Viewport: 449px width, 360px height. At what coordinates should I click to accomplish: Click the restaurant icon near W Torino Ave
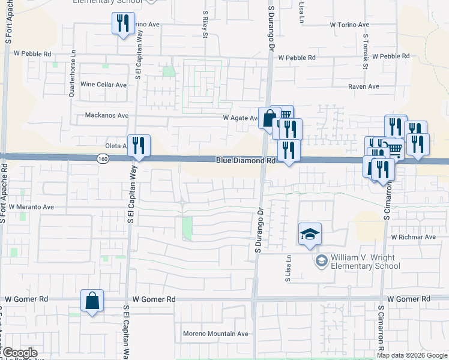point(123,23)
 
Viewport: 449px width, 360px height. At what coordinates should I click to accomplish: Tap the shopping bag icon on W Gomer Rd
point(92,301)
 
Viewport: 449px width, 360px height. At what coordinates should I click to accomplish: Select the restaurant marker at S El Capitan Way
point(139,146)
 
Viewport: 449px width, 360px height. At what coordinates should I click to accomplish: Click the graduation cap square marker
point(309,234)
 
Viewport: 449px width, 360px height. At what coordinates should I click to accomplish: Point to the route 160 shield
point(102,158)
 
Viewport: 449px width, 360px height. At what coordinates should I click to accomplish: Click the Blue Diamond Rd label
point(246,161)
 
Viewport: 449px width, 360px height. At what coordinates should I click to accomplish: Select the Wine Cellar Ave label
point(103,85)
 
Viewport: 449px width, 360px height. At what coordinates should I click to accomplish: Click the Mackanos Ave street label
point(107,115)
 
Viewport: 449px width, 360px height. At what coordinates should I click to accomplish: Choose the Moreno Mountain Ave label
point(215,334)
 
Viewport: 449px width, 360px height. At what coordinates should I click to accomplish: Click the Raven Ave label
point(364,86)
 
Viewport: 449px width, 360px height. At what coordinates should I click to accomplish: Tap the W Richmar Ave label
point(413,237)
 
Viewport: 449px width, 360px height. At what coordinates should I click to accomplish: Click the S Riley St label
point(205,24)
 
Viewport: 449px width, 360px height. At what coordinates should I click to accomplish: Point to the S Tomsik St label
point(365,51)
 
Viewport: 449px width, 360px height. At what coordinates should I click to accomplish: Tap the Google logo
point(19,353)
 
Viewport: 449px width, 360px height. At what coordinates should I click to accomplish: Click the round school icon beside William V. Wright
point(322,260)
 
